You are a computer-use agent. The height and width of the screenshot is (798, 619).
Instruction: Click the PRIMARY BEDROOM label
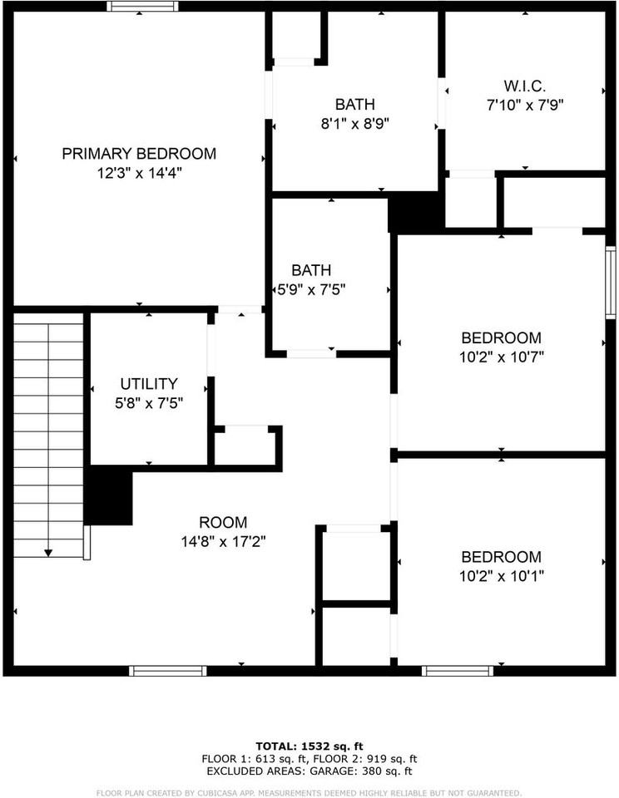(139, 154)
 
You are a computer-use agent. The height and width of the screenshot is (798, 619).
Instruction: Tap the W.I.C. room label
(524, 86)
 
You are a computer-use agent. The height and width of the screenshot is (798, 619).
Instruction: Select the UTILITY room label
(149, 384)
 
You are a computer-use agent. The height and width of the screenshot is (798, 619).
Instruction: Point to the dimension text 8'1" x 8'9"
(355, 123)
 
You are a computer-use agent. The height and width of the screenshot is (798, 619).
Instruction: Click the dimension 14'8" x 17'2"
(223, 541)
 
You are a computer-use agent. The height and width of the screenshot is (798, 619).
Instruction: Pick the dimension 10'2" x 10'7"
(501, 357)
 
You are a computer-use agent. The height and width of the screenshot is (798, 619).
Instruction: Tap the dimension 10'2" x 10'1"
(501, 575)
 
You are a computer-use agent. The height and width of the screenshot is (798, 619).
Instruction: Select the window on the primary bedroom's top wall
(142, 7)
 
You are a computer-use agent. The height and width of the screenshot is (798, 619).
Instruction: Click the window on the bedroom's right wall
(611, 283)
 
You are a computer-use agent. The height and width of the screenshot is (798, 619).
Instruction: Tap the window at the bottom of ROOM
(168, 670)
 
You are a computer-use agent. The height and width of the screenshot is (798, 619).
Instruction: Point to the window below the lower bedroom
(457, 670)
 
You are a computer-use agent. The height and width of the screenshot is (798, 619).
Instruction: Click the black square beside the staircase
(109, 495)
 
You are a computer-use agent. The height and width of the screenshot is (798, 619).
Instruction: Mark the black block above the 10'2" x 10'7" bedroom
(415, 213)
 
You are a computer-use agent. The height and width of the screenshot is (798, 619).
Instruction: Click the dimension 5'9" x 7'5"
(311, 289)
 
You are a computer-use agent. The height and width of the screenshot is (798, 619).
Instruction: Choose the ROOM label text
(223, 522)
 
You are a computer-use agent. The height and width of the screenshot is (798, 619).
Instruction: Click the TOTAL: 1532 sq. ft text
(309, 746)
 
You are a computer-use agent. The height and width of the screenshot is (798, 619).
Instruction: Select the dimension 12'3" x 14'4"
(139, 173)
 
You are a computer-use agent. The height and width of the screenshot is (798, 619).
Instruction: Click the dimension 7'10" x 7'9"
(524, 105)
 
